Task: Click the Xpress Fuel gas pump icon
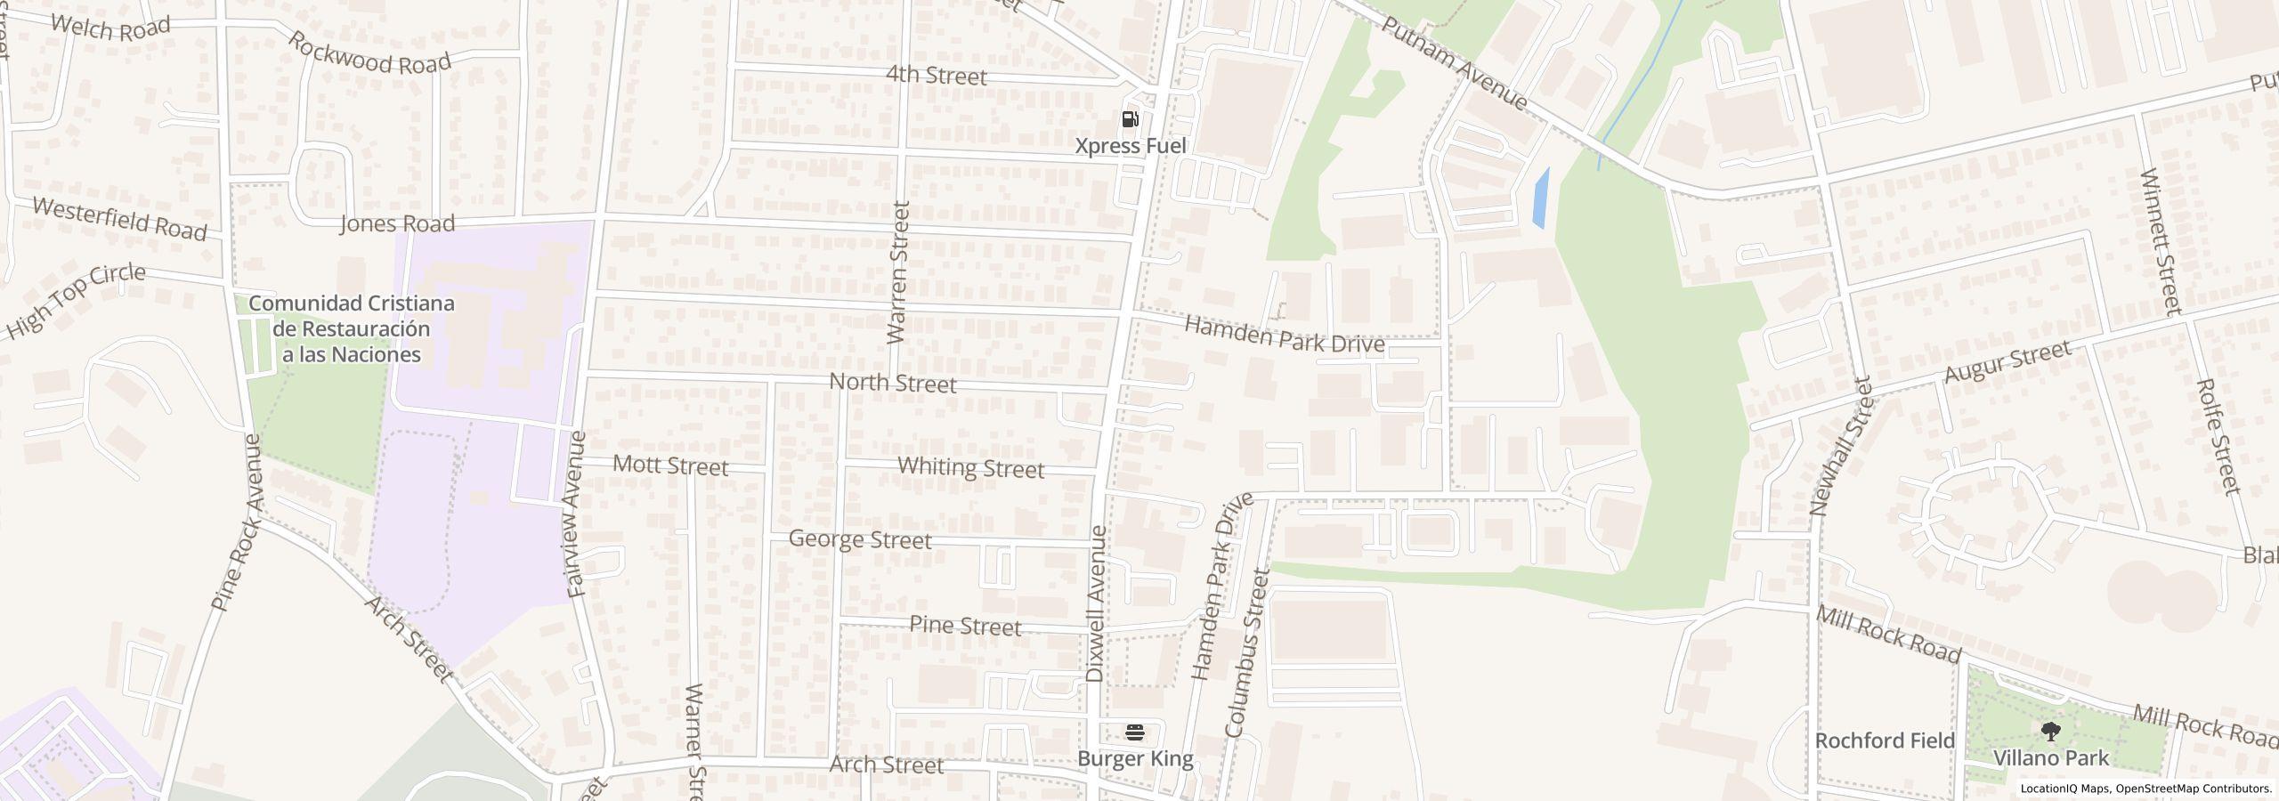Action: (1131, 119)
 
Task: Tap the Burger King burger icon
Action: (1135, 732)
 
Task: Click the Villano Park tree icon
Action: (2050, 732)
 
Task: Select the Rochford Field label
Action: (1885, 740)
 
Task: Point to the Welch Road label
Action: (110, 27)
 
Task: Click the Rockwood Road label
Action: (369, 53)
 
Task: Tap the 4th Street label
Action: (937, 77)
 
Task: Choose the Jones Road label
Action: (397, 223)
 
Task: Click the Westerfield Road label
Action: (119, 219)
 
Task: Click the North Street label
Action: (892, 384)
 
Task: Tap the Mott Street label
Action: (671, 465)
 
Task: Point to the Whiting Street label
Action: (970, 467)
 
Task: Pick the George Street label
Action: (860, 539)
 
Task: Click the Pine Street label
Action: (965, 627)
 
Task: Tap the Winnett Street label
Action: (2160, 240)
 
